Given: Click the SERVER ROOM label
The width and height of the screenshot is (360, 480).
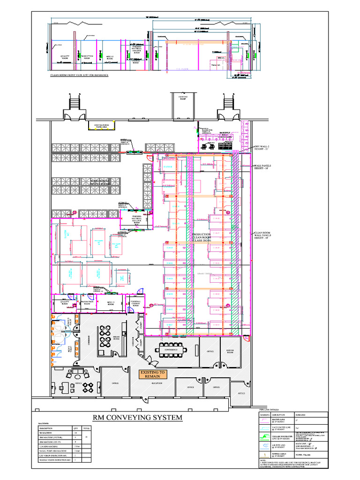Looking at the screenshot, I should (230, 352).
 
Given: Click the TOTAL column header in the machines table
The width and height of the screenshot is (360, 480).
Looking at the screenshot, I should (86, 428).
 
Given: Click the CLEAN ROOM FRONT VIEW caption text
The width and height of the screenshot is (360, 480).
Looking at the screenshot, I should (79, 75).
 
